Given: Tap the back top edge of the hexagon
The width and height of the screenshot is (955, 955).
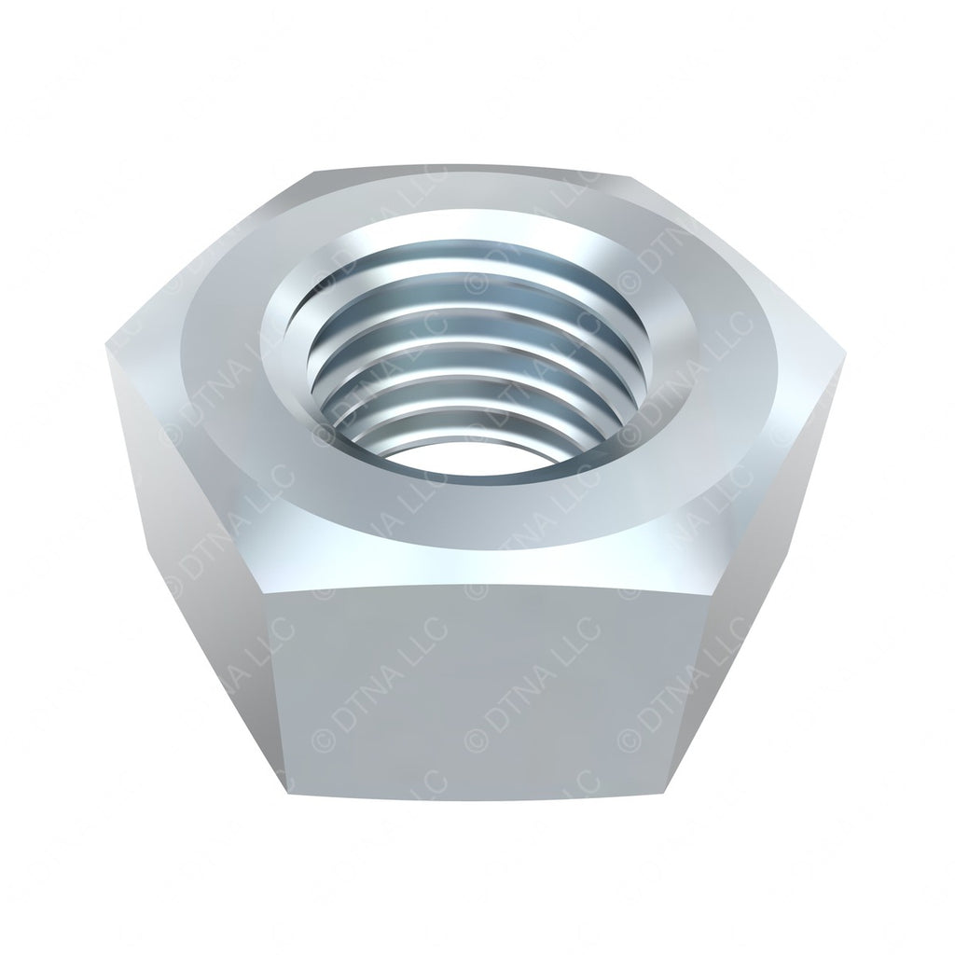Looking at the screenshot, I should [476, 169].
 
